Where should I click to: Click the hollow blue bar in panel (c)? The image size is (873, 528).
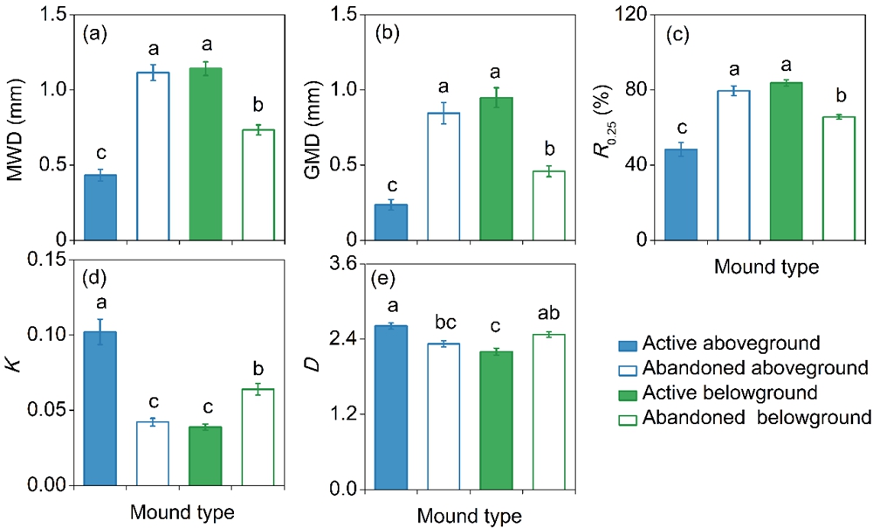(734, 165)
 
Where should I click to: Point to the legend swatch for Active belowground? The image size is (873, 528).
(622, 391)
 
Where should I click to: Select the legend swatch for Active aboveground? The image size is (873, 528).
(622, 340)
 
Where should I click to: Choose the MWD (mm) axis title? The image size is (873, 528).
(15, 127)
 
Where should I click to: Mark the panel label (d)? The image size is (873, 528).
(94, 281)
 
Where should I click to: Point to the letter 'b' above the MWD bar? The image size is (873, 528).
(258, 107)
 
